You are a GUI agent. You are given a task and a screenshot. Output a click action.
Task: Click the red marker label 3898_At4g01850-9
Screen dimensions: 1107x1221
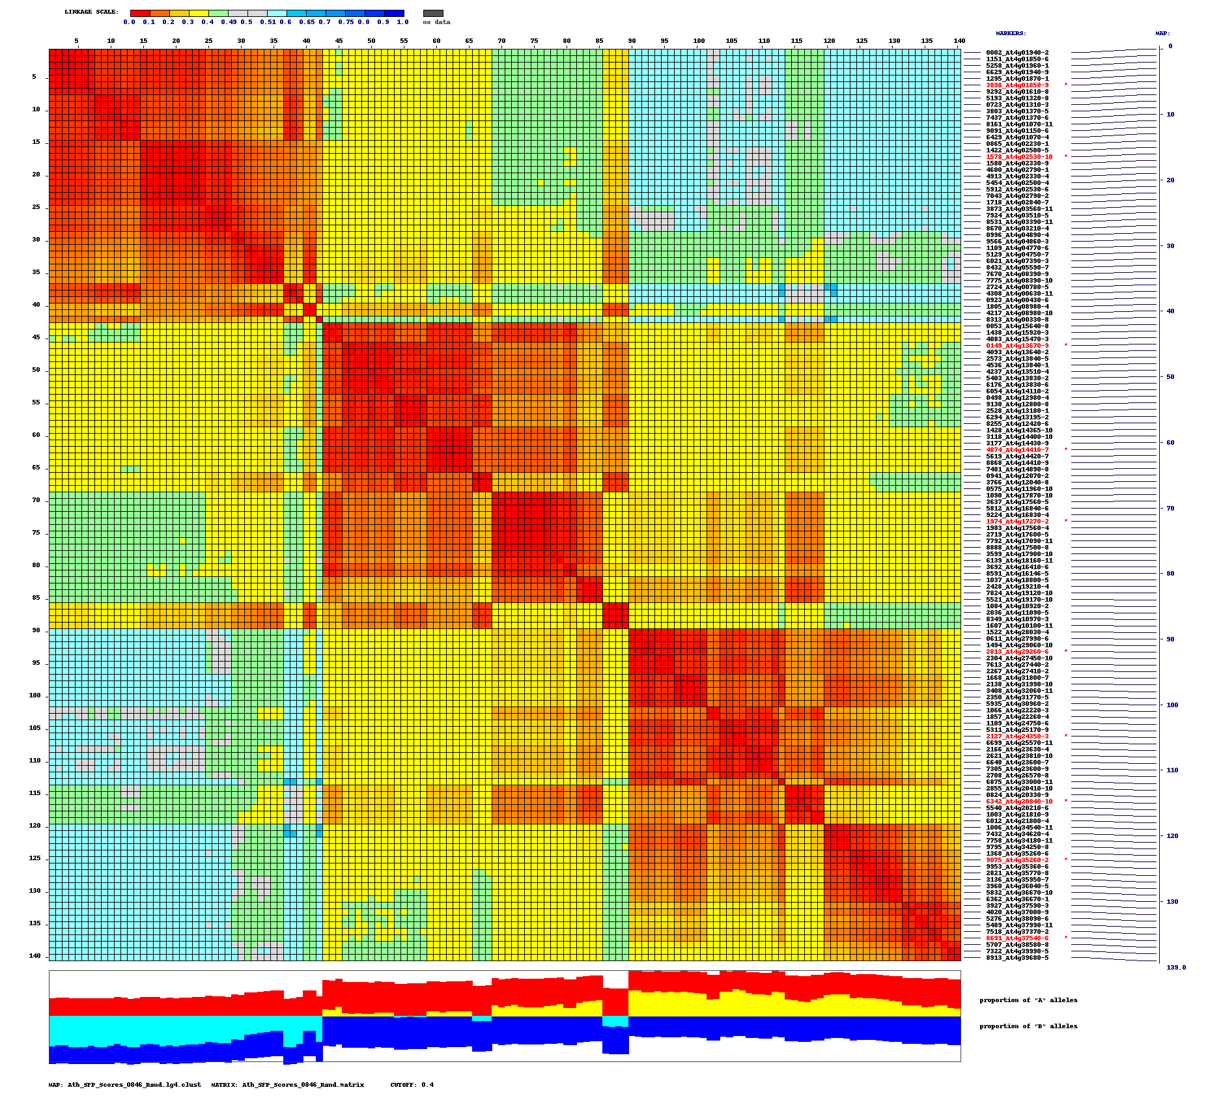(1017, 85)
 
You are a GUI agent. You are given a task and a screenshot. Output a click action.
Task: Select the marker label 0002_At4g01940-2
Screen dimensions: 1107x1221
(1017, 53)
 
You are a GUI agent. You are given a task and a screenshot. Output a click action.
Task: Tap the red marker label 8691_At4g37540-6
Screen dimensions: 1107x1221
(1017, 938)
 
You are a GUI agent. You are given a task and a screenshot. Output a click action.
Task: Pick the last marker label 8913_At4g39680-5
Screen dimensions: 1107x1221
(1017, 958)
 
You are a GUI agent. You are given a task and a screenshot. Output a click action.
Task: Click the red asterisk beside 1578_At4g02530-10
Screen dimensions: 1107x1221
(1066, 157)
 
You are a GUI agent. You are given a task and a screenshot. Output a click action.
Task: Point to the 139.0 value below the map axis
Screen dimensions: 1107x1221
(1175, 968)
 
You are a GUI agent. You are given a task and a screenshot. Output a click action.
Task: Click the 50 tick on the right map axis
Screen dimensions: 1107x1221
(1170, 377)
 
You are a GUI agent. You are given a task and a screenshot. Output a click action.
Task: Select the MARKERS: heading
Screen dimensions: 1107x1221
(1011, 33)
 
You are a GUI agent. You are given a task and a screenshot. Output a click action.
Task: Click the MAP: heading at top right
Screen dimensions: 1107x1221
(1162, 33)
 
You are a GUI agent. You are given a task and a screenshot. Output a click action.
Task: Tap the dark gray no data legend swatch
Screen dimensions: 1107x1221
(433, 13)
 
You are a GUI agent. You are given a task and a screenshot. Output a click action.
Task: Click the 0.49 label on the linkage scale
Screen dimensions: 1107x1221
(229, 22)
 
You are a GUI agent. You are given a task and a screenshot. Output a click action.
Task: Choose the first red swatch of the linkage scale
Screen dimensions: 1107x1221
(140, 13)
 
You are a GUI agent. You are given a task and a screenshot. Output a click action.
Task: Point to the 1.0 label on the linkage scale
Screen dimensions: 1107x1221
(402, 22)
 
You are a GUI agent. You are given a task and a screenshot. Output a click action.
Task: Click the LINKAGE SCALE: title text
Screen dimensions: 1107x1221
(92, 12)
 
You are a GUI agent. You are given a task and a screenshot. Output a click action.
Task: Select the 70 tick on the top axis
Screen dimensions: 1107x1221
(501, 41)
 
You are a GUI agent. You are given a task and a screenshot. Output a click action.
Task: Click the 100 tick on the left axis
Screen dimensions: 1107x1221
(35, 695)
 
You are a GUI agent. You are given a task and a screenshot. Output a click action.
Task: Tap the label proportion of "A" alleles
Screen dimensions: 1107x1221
(1028, 1000)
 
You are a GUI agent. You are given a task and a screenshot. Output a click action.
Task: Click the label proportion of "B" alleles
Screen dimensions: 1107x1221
(1028, 1026)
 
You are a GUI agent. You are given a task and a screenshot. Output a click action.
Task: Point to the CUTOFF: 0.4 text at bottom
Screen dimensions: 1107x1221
(412, 1085)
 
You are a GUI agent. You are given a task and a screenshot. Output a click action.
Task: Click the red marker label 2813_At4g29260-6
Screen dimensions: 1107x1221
(1017, 652)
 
